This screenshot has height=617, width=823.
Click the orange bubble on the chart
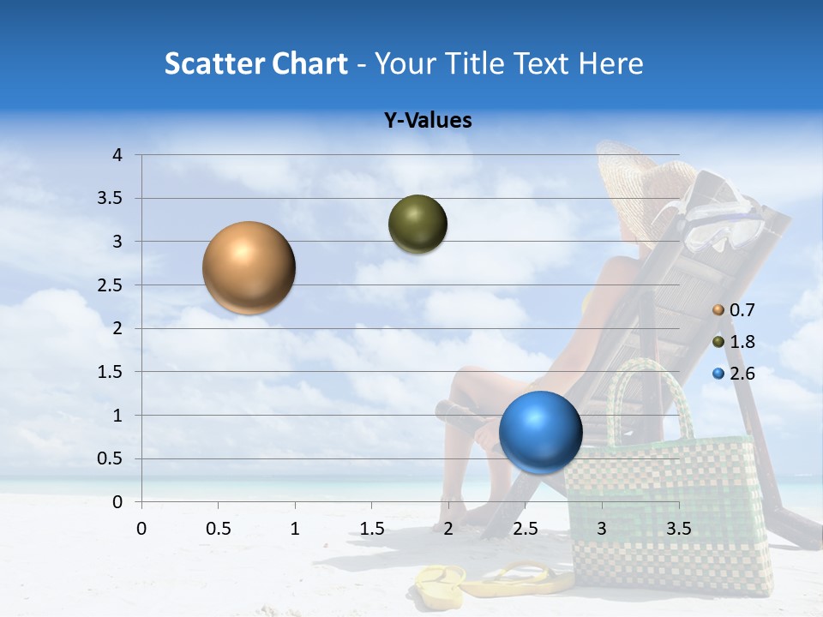tap(249, 267)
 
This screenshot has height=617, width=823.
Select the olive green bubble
tap(418, 225)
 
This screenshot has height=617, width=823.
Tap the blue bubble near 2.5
tap(540, 432)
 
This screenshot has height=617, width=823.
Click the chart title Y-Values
tap(428, 121)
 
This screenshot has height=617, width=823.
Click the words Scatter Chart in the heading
tap(255, 63)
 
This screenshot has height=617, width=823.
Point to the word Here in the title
tap(610, 63)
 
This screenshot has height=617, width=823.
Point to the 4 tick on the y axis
tap(117, 155)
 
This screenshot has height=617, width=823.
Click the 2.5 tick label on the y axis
tap(111, 285)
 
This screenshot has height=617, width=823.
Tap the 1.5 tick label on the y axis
tap(111, 372)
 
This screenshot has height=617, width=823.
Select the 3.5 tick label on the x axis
tap(678, 529)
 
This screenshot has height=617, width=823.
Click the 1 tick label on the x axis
tap(295, 529)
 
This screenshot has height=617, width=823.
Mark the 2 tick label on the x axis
tap(448, 529)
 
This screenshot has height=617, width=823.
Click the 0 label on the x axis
tap(141, 529)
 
